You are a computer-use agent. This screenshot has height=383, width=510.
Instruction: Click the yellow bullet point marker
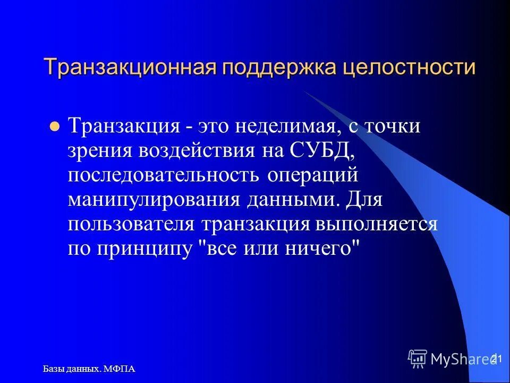[x=53, y=128]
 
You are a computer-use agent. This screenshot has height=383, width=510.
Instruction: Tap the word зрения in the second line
[x=100, y=151]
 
